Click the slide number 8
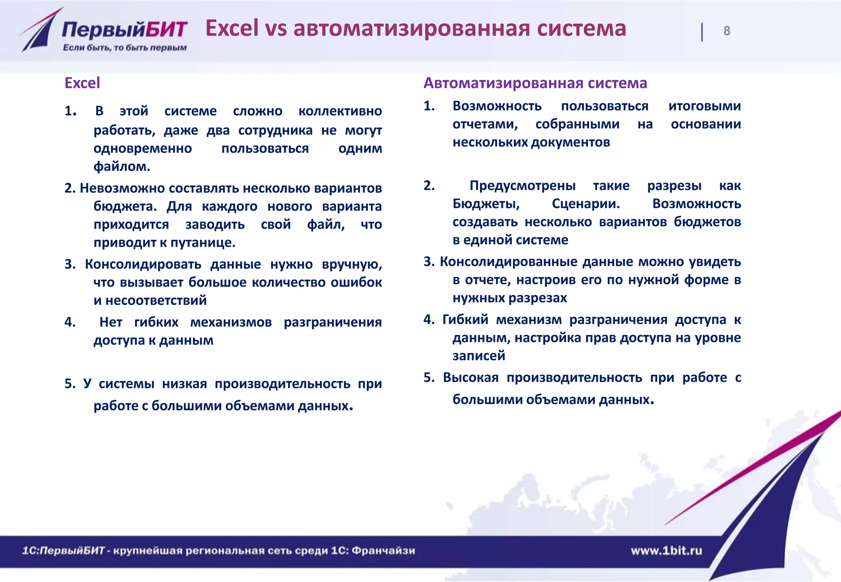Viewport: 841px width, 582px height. click(x=726, y=31)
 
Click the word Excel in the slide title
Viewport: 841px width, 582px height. click(x=232, y=28)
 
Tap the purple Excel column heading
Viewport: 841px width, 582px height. click(x=82, y=83)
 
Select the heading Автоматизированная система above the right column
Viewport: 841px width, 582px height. click(x=535, y=83)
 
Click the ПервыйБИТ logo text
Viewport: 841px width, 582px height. click(x=125, y=30)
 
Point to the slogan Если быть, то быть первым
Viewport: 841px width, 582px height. click(x=125, y=48)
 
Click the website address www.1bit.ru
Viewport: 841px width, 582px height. click(x=666, y=550)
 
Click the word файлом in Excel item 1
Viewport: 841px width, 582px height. click(x=122, y=166)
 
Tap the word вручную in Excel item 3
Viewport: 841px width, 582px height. click(x=352, y=264)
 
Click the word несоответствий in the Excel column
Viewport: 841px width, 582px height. click(x=156, y=300)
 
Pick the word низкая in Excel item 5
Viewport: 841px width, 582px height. click(x=184, y=384)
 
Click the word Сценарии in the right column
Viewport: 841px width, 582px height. click(x=586, y=204)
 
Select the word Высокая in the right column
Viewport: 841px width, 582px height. click(x=471, y=378)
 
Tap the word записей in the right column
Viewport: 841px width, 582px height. click(x=479, y=355)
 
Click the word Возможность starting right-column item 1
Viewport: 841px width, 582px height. click(x=497, y=106)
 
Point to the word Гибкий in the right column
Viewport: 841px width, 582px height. click(x=465, y=319)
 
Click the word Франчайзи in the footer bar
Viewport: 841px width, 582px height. click(x=383, y=550)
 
